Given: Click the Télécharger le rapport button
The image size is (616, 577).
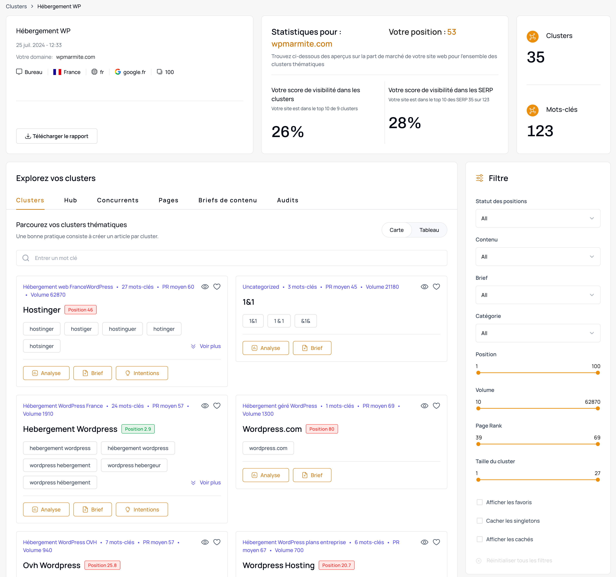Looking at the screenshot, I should coord(57,136).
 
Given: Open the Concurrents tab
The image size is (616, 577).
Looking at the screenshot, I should coord(118,200).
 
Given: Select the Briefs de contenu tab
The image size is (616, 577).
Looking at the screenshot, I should coord(227,200).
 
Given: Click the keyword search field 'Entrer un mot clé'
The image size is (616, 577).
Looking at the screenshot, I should coord(231,258).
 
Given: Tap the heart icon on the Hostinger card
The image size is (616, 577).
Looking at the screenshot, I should coord(217,287).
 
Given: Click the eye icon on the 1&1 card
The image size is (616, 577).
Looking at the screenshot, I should coord(424,287).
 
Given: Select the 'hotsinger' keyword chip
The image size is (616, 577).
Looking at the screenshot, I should coord(42,346).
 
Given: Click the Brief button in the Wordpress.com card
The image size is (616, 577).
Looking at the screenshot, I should coord(312,475).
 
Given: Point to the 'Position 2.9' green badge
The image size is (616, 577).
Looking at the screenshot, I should coord(138,429).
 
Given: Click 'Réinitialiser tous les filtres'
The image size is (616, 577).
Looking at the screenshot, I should coord(519,560).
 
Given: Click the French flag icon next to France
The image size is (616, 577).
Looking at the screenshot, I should coord(57,72).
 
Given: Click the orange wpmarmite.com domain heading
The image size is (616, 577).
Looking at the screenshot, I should coord(302,44).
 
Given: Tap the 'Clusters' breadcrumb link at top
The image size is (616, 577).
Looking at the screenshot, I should coord(16,6).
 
